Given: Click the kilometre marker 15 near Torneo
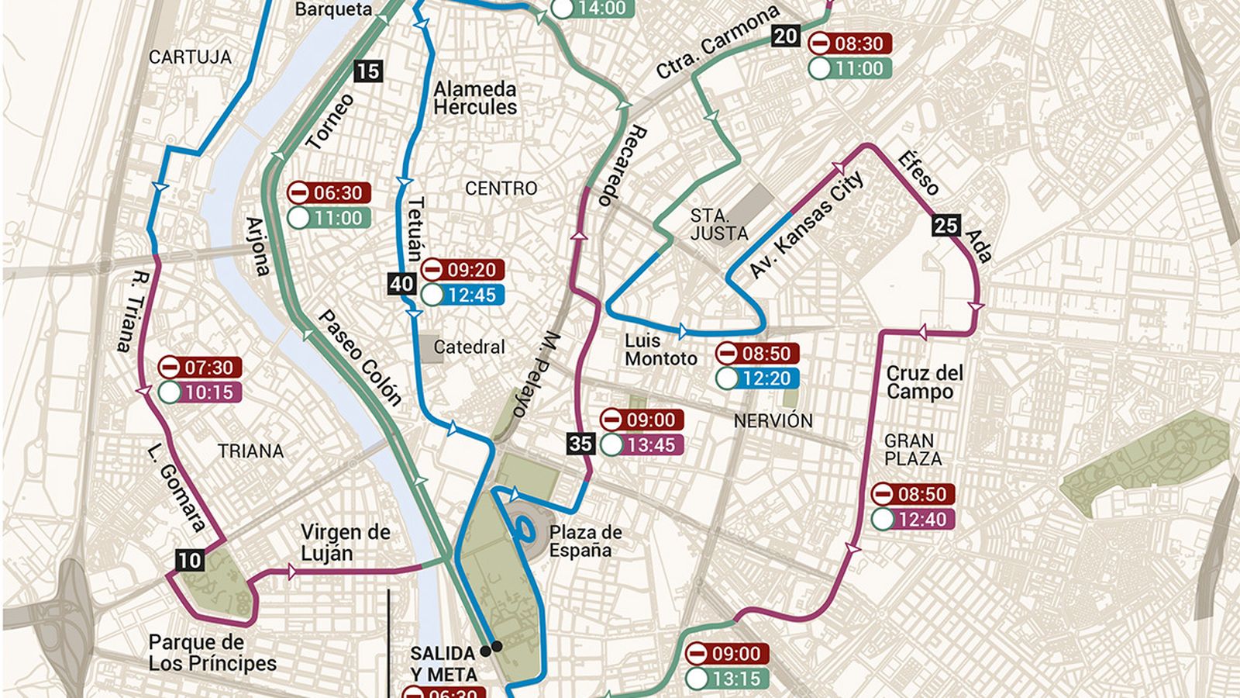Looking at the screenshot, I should click(x=368, y=71).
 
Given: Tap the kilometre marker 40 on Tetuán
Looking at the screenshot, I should click(x=401, y=284).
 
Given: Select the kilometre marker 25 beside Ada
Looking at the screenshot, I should click(x=945, y=226).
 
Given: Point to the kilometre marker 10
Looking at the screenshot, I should click(x=189, y=560).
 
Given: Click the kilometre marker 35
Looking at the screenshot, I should click(x=580, y=444).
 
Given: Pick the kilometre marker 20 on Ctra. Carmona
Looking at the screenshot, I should click(x=785, y=36).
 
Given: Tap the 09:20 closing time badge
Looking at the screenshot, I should click(x=463, y=270).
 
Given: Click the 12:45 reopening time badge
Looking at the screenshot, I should click(x=463, y=295).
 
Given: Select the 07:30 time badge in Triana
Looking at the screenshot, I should click(x=200, y=368).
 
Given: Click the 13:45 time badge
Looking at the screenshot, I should click(x=642, y=445).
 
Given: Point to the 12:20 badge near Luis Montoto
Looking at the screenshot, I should click(x=757, y=378).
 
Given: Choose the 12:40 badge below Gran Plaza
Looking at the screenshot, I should click(x=913, y=520).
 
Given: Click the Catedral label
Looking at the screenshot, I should click(x=469, y=347).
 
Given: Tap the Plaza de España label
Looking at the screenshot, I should click(x=585, y=541).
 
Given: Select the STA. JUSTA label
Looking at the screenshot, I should click(x=718, y=224).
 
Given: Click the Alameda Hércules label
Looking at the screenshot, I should click(x=474, y=98).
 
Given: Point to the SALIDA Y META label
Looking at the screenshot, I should click(x=443, y=664).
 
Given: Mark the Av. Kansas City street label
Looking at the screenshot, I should click(x=805, y=225).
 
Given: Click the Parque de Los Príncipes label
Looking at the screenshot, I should click(x=212, y=653).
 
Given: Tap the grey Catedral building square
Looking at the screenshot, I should click(x=428, y=347).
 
